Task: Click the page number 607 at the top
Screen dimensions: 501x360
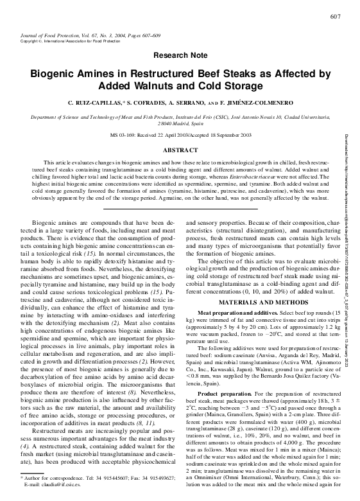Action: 334,16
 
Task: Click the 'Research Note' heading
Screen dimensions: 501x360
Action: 180,57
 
